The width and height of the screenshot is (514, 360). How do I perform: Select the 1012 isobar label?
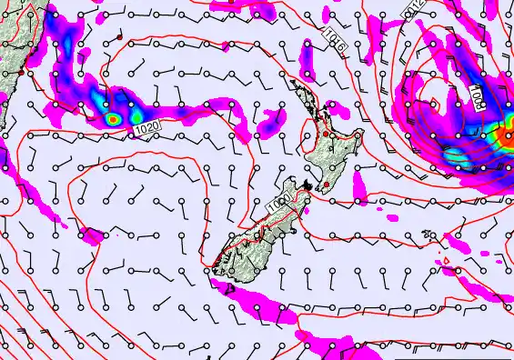(440, 11)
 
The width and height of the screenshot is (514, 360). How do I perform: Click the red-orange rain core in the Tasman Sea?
(112, 118)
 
